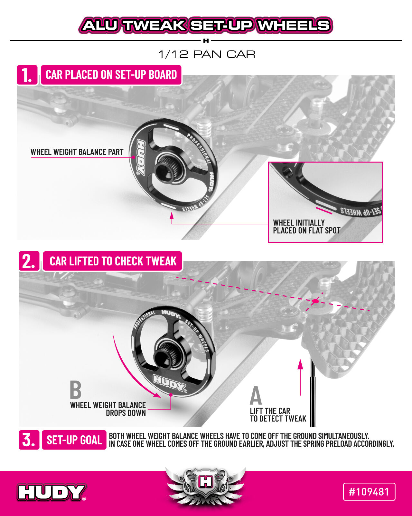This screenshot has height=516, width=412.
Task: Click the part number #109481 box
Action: (x=369, y=492)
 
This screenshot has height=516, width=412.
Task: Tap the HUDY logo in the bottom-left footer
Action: (x=51, y=492)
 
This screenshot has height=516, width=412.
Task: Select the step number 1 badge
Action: (x=27, y=75)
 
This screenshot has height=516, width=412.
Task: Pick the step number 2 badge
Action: (x=29, y=261)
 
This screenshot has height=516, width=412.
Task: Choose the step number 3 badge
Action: (x=29, y=440)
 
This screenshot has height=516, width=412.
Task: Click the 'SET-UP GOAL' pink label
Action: (x=74, y=440)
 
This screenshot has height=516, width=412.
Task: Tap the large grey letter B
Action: (x=76, y=390)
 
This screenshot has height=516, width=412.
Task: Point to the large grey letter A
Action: (x=256, y=395)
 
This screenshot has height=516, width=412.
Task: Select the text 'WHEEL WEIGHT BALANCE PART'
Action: (x=77, y=152)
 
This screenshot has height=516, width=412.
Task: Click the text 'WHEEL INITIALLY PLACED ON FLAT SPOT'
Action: (x=307, y=227)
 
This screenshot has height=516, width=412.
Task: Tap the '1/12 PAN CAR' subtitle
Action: (x=207, y=55)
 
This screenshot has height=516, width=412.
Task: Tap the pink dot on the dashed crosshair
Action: (x=315, y=301)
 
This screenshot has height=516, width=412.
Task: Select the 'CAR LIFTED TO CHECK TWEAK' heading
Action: (x=113, y=261)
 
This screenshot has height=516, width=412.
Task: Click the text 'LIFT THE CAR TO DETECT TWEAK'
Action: (x=278, y=415)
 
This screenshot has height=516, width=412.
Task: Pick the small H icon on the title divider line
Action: (x=206, y=41)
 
